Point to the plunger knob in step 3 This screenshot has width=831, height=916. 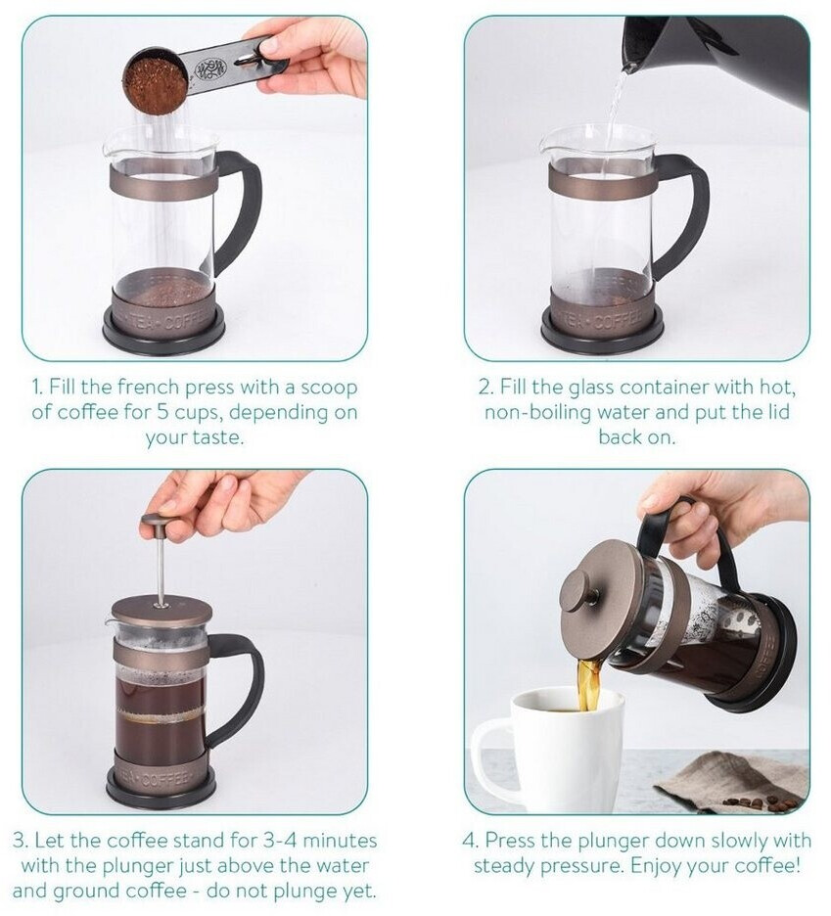click(x=160, y=522)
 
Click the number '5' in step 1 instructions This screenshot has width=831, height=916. click(x=163, y=412)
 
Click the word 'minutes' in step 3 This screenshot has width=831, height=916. click(x=342, y=841)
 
